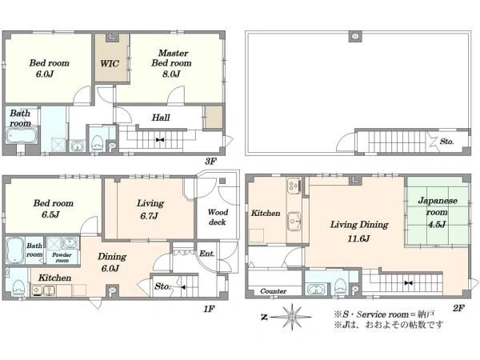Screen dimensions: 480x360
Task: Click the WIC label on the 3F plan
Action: click(110, 64)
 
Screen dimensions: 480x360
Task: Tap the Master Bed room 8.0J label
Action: click(171, 63)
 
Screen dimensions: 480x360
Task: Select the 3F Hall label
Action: click(161, 118)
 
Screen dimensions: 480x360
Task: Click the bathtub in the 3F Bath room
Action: click(22, 136)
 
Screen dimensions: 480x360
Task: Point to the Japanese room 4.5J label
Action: click(438, 213)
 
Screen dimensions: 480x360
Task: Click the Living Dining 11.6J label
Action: click(359, 231)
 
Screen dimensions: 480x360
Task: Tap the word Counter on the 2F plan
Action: click(274, 291)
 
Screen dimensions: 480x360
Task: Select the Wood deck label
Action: click(218, 217)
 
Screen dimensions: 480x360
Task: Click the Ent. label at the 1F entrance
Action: click(206, 254)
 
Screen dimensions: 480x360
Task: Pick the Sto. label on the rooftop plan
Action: click(446, 142)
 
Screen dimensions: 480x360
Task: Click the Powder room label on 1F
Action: click(62, 258)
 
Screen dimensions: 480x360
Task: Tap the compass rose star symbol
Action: click(292, 317)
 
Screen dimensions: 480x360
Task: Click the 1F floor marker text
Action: click(209, 309)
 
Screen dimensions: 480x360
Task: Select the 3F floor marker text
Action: click(210, 162)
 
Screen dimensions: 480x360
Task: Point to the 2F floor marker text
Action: click(458, 308)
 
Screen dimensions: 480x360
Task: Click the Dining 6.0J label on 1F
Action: click(111, 262)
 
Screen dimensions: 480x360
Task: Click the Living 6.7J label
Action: click(150, 210)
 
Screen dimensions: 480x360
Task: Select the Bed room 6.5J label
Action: click(53, 209)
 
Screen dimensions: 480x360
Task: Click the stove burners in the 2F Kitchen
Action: click(294, 186)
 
